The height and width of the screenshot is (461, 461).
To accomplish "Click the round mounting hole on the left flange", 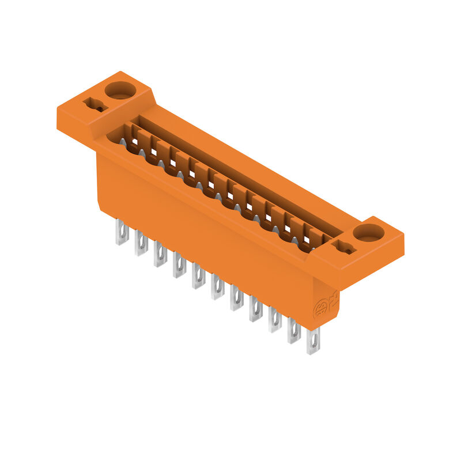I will (x=119, y=90).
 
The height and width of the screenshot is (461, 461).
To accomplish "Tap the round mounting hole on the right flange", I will (x=368, y=233).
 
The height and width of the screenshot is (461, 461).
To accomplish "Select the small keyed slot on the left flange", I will (x=95, y=105).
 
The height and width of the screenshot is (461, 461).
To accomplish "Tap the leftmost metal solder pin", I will (x=122, y=232).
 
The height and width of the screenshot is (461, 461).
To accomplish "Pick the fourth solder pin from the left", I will (x=179, y=265).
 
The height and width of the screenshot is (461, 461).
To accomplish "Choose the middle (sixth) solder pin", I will (x=217, y=286).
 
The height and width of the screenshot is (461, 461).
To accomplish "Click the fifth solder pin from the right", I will (x=237, y=298).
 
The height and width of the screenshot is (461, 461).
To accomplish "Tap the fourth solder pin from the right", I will (x=256, y=309).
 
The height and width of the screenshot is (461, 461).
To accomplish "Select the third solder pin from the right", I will (x=275, y=320).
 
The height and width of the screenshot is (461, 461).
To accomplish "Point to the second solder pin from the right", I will (x=294, y=331).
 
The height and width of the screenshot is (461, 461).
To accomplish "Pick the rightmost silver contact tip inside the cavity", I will (x=295, y=240).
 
